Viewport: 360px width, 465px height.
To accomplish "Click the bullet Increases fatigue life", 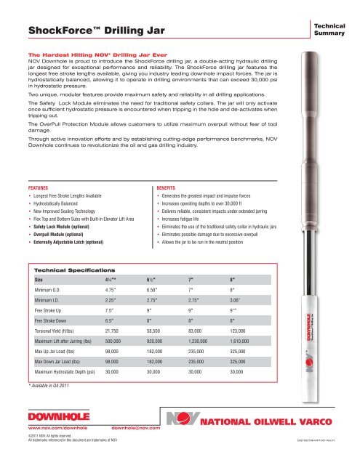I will [x=184, y=218].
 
